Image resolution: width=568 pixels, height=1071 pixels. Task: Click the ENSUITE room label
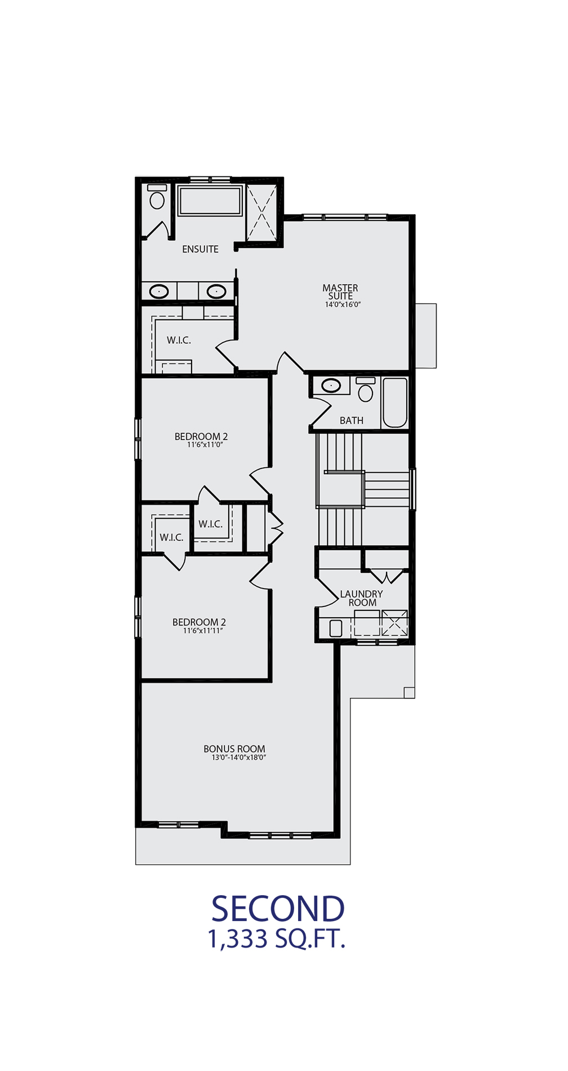point(200,249)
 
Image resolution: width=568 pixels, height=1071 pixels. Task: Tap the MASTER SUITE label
point(340,292)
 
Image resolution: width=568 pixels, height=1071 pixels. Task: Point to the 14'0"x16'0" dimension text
point(343,304)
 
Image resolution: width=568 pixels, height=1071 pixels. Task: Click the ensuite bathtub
point(210,201)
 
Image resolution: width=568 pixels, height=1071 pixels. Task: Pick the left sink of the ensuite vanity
point(159,291)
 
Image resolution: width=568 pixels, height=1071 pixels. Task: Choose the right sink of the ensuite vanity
point(216,291)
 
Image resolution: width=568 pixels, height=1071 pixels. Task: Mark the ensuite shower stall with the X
point(261,213)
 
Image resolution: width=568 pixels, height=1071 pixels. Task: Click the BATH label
point(352,421)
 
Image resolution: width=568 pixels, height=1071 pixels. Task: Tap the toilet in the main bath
point(366,390)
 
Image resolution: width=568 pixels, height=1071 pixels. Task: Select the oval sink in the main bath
point(331,386)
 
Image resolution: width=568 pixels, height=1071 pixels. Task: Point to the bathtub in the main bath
point(395,402)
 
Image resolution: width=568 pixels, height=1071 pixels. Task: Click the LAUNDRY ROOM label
point(362,598)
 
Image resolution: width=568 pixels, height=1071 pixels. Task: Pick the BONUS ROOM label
point(234,749)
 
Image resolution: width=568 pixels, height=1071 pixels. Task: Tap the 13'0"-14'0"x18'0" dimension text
point(239,758)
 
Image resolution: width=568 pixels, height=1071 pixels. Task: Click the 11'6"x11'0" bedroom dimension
point(205,445)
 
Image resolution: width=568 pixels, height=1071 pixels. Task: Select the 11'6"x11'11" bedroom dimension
point(203,631)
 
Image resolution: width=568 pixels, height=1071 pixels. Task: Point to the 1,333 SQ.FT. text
point(277,939)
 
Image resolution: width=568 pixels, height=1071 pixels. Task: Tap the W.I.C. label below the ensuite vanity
point(179,340)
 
